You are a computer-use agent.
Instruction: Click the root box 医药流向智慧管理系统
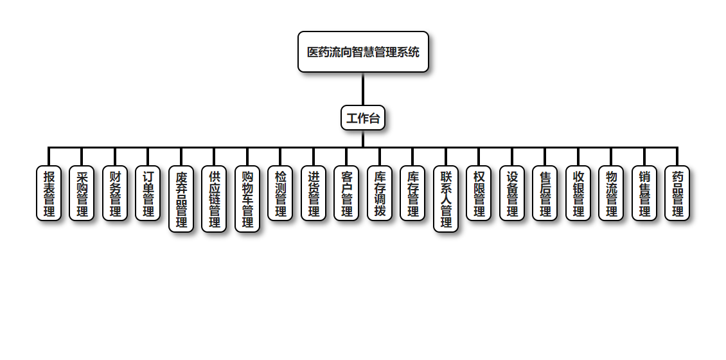point(363,52)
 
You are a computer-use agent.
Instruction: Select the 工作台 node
point(363,118)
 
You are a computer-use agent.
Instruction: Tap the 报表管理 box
point(49,194)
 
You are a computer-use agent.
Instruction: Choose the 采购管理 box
point(82,194)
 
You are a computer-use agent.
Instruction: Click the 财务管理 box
point(115,194)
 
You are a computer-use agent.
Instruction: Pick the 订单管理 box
point(148,194)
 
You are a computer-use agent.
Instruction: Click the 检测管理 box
point(280,194)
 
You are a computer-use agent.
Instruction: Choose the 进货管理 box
point(314,194)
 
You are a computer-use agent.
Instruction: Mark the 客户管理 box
point(346,194)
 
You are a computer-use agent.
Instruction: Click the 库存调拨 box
point(380,194)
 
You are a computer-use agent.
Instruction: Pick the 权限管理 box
point(479,194)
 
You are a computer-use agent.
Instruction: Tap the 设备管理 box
point(512,194)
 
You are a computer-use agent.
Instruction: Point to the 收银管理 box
point(578,194)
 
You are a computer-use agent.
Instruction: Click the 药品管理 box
point(677,194)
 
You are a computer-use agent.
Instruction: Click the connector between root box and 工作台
point(363,89)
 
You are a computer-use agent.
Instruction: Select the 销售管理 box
point(644,194)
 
